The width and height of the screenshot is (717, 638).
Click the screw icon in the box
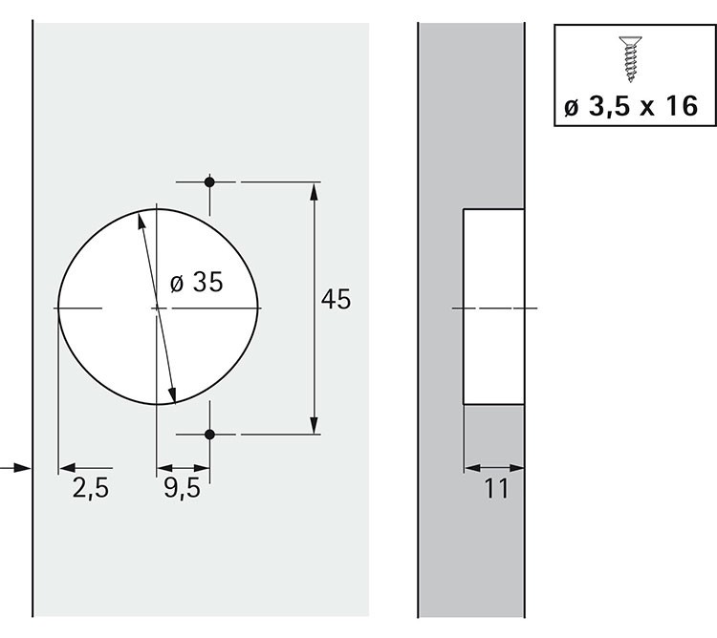click(631, 59)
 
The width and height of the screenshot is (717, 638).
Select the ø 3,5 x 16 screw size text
click(631, 107)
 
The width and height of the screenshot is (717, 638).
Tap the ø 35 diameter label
click(197, 282)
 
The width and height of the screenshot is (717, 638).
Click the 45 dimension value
click(337, 300)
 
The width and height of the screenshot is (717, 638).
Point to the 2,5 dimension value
click(91, 488)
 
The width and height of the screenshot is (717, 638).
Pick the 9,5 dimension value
click(182, 488)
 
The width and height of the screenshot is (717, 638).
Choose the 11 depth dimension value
click(496, 489)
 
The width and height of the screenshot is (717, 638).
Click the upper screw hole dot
click(209, 182)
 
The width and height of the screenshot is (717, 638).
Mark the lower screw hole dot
click(209, 435)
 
